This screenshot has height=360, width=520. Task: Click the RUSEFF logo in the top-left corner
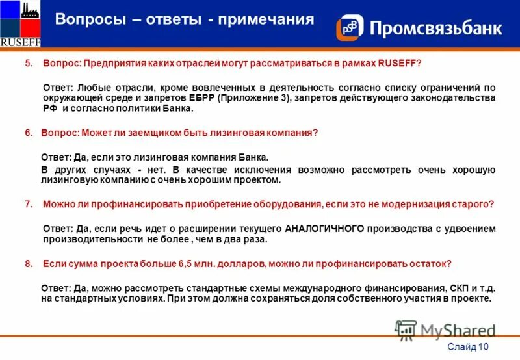point(21,24)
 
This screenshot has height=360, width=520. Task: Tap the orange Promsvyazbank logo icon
point(349,28)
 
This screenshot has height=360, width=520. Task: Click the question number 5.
point(29,63)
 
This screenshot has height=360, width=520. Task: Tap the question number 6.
point(29,133)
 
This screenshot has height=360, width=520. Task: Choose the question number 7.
point(29,204)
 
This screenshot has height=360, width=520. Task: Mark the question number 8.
point(29,264)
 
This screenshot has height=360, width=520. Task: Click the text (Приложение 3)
point(255,98)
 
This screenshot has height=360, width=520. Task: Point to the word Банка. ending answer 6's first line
point(250,157)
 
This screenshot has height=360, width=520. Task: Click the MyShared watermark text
point(458,330)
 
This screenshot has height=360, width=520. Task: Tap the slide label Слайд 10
point(469,347)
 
